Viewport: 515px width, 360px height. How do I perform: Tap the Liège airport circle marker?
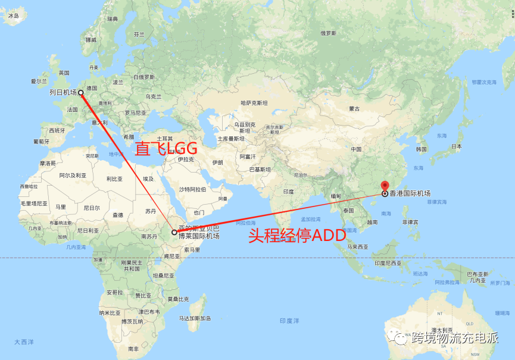point(80,93)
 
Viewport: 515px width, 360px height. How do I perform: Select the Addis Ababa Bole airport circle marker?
point(174,232)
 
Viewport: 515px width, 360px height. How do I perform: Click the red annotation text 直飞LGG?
point(166,149)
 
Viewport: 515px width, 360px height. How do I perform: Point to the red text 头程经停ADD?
point(296,236)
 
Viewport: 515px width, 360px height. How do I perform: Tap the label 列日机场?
point(63,93)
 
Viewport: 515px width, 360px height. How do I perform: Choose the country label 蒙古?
point(355,109)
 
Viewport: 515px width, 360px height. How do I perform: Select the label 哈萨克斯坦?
point(254,103)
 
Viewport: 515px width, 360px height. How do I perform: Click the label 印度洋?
point(289,321)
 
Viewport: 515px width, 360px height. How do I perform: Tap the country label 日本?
point(457,146)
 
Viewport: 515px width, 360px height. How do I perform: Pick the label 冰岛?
point(13,17)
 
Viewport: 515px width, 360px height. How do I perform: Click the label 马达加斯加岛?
point(196,318)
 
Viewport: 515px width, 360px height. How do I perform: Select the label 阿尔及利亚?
point(73,176)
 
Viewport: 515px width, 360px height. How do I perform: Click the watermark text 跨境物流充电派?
point(454,339)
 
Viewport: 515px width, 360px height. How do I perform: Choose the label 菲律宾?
point(410,222)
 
